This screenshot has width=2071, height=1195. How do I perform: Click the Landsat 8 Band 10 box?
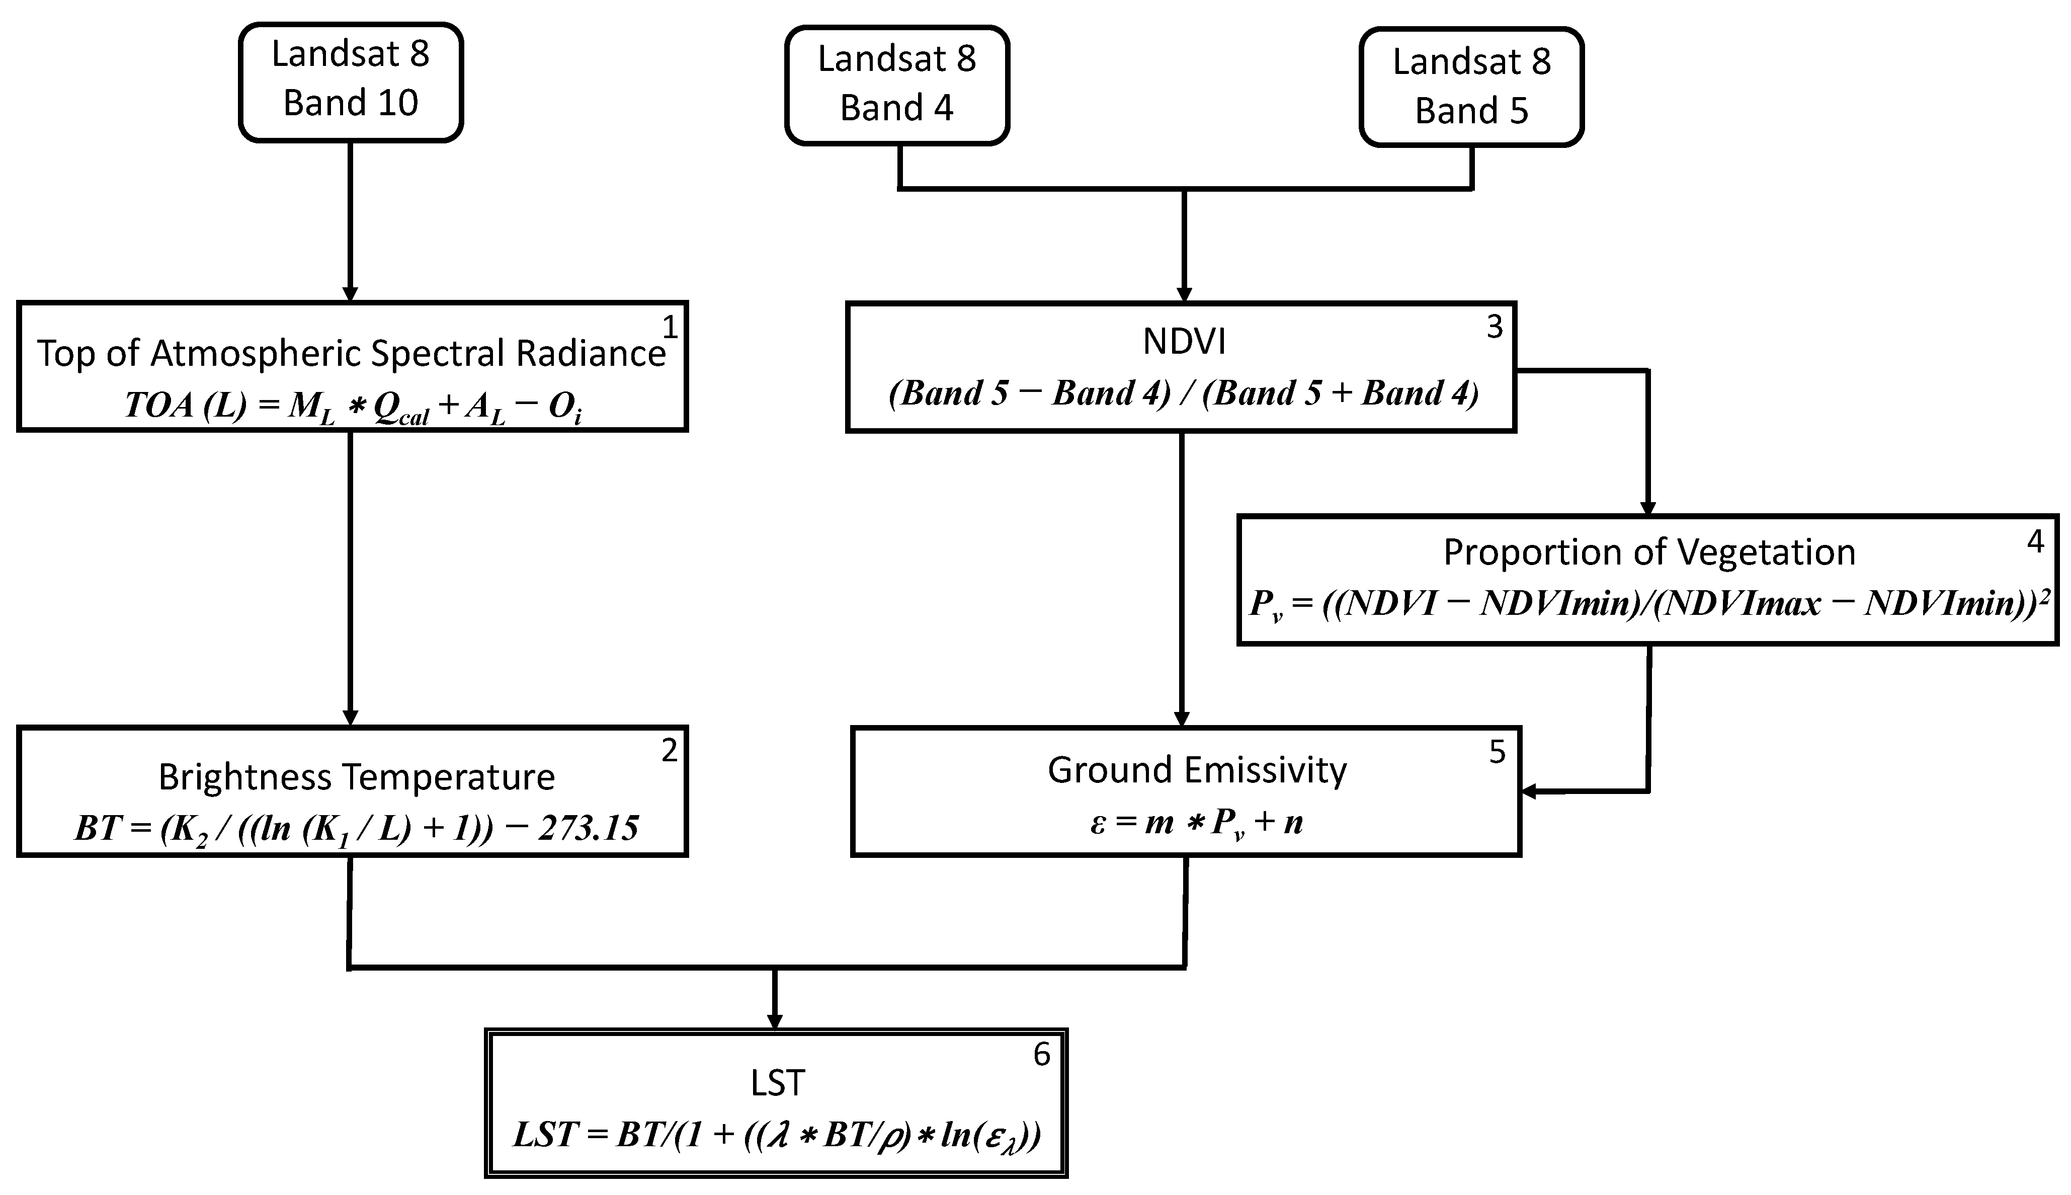[x=350, y=81]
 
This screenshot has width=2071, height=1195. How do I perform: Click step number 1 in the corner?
[x=670, y=328]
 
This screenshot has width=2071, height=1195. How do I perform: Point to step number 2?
[x=670, y=750]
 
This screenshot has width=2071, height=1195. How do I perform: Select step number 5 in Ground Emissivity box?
[x=1497, y=752]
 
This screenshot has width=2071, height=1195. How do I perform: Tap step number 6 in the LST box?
[x=1041, y=1055]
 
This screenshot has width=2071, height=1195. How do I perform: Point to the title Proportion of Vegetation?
[x=1649, y=552]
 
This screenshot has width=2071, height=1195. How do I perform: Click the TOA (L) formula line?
[x=353, y=406]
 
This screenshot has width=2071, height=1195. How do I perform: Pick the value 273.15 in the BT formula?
[x=589, y=828]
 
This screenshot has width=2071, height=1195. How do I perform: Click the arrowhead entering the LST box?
[x=774, y=1021]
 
